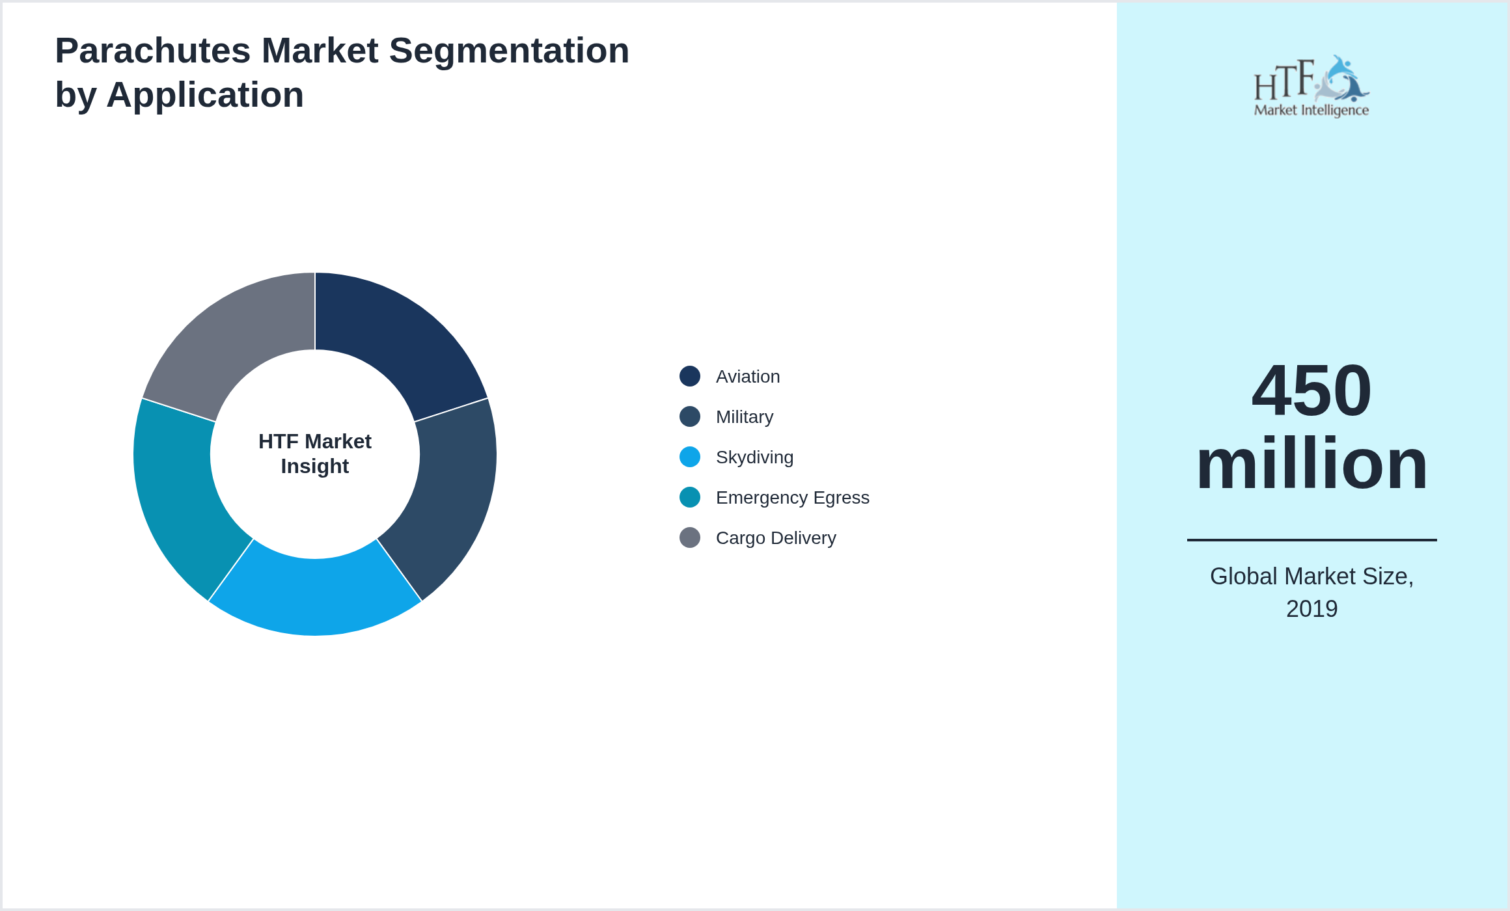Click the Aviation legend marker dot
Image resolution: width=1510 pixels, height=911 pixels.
pyautogui.click(x=690, y=376)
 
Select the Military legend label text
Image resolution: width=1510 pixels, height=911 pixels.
pyautogui.click(x=745, y=417)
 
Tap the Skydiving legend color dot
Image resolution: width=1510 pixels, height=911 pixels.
pyautogui.click(x=690, y=457)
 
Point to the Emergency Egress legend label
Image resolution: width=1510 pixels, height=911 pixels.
pyautogui.click(x=792, y=498)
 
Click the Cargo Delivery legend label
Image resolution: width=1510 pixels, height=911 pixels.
pyautogui.click(x=776, y=538)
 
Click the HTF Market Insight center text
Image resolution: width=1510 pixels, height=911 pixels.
pyautogui.click(x=315, y=454)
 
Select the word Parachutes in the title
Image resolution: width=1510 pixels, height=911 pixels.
pyautogui.click(x=153, y=51)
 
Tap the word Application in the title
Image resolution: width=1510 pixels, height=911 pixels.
pyautogui.click(x=205, y=95)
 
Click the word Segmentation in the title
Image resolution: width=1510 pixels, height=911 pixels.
pyautogui.click(x=509, y=51)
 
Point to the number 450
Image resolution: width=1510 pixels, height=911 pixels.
pyautogui.click(x=1311, y=390)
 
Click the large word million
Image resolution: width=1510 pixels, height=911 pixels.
pyautogui.click(x=1311, y=464)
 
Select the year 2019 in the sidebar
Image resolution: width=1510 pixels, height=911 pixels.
pyautogui.click(x=1311, y=609)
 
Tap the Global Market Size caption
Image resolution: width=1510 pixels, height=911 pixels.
pyautogui.click(x=1311, y=577)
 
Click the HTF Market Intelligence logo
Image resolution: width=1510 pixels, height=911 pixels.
pyautogui.click(x=1311, y=87)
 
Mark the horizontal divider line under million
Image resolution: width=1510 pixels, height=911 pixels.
pyautogui.click(x=1311, y=540)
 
